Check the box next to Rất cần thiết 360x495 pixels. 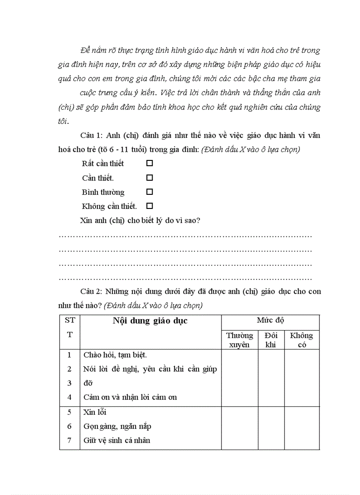[150, 163]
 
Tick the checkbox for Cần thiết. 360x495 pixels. [150, 178]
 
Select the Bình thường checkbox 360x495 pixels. [150, 192]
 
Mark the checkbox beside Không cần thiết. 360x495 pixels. [150, 206]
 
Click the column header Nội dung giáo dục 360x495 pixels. [150, 321]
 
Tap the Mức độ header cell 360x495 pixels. [270, 320]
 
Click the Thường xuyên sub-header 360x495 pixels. [240, 340]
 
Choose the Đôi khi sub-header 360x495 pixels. [271, 340]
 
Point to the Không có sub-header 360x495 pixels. [301, 340]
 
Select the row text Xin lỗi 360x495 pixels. [95, 413]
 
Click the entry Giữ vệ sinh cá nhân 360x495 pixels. [117, 440]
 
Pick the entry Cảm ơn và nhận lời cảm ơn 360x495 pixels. [130, 397]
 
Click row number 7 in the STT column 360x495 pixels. [69, 440]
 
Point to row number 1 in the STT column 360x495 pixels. [69, 355]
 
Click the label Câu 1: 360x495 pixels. [91, 136]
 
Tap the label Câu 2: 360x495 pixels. [91, 292]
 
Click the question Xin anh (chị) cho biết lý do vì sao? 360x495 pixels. [140, 220]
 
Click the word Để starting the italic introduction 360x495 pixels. [86, 51]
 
